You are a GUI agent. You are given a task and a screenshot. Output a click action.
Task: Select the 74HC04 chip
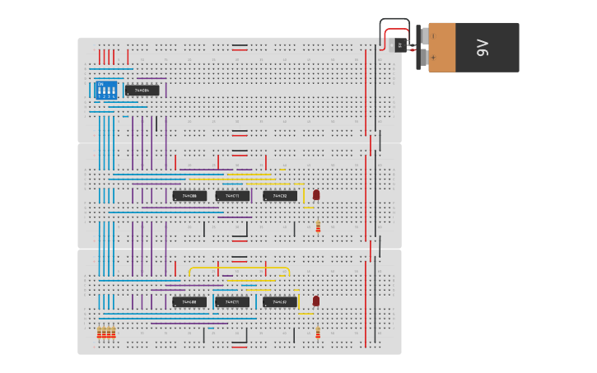click(x=142, y=90)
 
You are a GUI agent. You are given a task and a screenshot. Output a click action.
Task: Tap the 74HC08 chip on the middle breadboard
click(x=189, y=196)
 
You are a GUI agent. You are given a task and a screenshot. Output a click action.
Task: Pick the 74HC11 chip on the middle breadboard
click(x=232, y=196)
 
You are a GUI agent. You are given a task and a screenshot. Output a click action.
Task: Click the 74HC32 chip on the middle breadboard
click(x=280, y=196)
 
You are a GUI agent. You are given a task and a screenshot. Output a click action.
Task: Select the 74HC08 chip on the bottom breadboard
click(x=189, y=302)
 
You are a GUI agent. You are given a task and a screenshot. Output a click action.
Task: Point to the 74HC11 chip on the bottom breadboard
click(x=232, y=302)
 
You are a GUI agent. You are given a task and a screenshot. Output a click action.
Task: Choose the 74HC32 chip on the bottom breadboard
click(x=280, y=302)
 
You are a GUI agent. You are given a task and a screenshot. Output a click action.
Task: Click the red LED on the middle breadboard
click(x=315, y=194)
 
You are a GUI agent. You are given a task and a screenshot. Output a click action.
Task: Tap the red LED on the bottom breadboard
click(x=315, y=301)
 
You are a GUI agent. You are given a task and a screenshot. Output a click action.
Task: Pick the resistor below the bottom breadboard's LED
click(x=318, y=333)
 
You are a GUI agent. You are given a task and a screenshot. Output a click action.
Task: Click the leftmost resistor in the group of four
click(x=99, y=333)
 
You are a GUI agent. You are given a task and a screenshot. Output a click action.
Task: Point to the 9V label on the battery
click(x=483, y=48)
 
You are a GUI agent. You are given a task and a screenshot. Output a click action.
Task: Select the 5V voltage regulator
click(x=401, y=46)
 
